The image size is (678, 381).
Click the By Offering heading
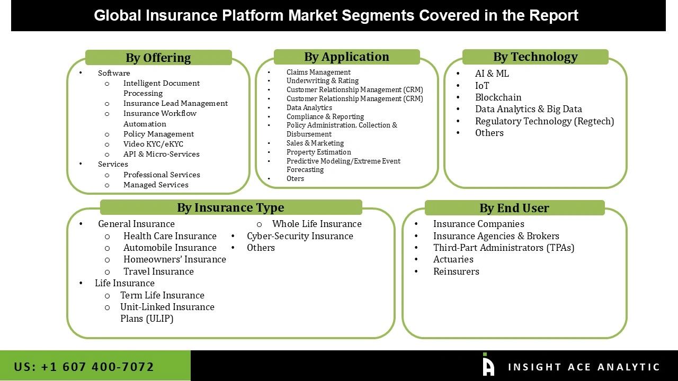coord(158,58)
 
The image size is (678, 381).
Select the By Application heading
coord(346,57)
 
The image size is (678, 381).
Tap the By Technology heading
coord(535,57)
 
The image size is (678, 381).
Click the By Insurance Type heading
coord(230,207)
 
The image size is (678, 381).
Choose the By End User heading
coord(514,208)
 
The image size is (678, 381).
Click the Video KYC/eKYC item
coord(153,144)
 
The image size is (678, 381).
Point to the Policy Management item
coord(158,134)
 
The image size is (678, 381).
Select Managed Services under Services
coord(156,185)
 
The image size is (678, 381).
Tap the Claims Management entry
coord(318,72)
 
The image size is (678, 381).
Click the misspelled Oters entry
coord(295,178)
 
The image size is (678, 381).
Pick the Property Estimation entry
coord(318,152)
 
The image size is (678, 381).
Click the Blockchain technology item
coord(498,97)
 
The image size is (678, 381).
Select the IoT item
coord(482,86)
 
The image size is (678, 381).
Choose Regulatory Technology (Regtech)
coord(544,121)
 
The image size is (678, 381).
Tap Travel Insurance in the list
coord(158,271)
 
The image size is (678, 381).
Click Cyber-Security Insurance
coord(300,236)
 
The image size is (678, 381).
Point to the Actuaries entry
coord(453,259)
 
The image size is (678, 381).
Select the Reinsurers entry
coord(456,271)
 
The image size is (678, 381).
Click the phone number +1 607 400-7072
coord(84,367)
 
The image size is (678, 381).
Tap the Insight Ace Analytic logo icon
coord(488,365)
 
